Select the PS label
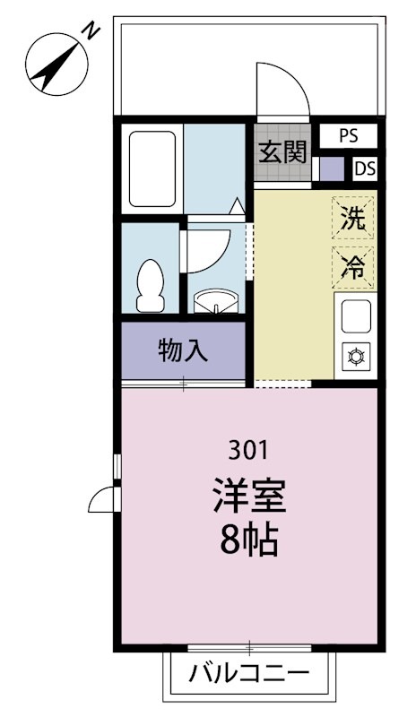pyautogui.click(x=349, y=136)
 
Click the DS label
pyautogui.click(x=366, y=168)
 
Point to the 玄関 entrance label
pyautogui.click(x=282, y=152)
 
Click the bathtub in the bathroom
pyautogui.click(x=152, y=169)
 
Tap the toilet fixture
pyautogui.click(x=150, y=286)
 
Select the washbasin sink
pyautogui.click(x=216, y=302)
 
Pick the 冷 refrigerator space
pyautogui.click(x=352, y=267)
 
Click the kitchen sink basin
pyautogui.click(x=356, y=316)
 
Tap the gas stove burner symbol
pyautogui.click(x=356, y=356)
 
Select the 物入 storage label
pyautogui.click(x=183, y=350)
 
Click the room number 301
pyautogui.click(x=249, y=452)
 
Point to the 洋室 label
pyautogui.click(x=249, y=497)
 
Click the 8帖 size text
pyautogui.click(x=249, y=540)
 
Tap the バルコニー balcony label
pyautogui.click(x=249, y=673)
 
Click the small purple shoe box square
pyautogui.click(x=332, y=168)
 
